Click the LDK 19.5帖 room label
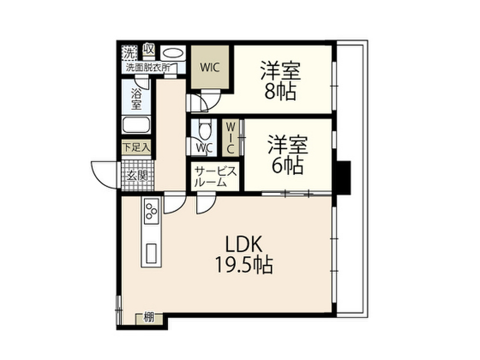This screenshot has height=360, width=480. tap(244, 255)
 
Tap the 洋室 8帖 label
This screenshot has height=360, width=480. tap(280, 80)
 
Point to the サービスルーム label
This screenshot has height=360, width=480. tap(216, 176)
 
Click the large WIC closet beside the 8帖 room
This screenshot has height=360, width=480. tap(210, 67)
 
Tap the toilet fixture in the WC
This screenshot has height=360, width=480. tap(204, 128)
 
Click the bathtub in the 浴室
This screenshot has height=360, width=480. tap(136, 126)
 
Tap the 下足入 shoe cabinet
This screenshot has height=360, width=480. tap(136, 147)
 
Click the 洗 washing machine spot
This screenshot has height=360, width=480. tap(128, 52)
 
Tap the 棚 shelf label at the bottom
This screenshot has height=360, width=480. tap(150, 318)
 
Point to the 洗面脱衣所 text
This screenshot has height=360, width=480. tap(147, 67)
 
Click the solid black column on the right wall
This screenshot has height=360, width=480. tap(344, 178)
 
